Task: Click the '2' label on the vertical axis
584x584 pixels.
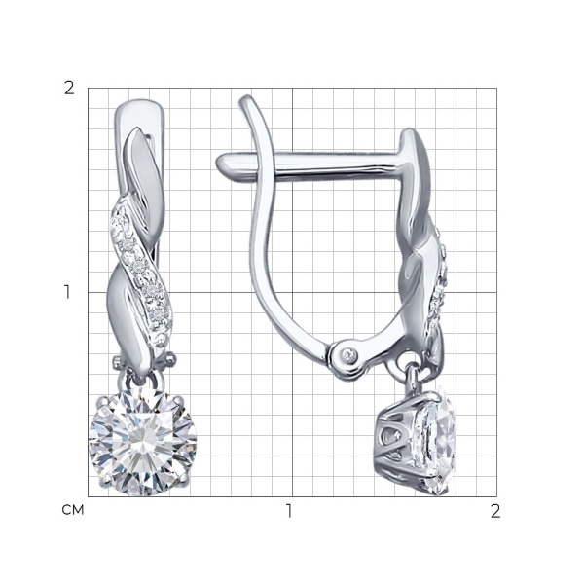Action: pyautogui.click(x=69, y=89)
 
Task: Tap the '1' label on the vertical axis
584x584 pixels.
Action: pyautogui.click(x=67, y=292)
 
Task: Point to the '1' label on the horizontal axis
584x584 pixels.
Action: pyautogui.click(x=289, y=511)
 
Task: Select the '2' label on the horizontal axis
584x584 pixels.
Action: pyautogui.click(x=495, y=511)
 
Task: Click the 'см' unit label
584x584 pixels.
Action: pyautogui.click(x=73, y=510)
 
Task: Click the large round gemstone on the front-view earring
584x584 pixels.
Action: pyautogui.click(x=143, y=442)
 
